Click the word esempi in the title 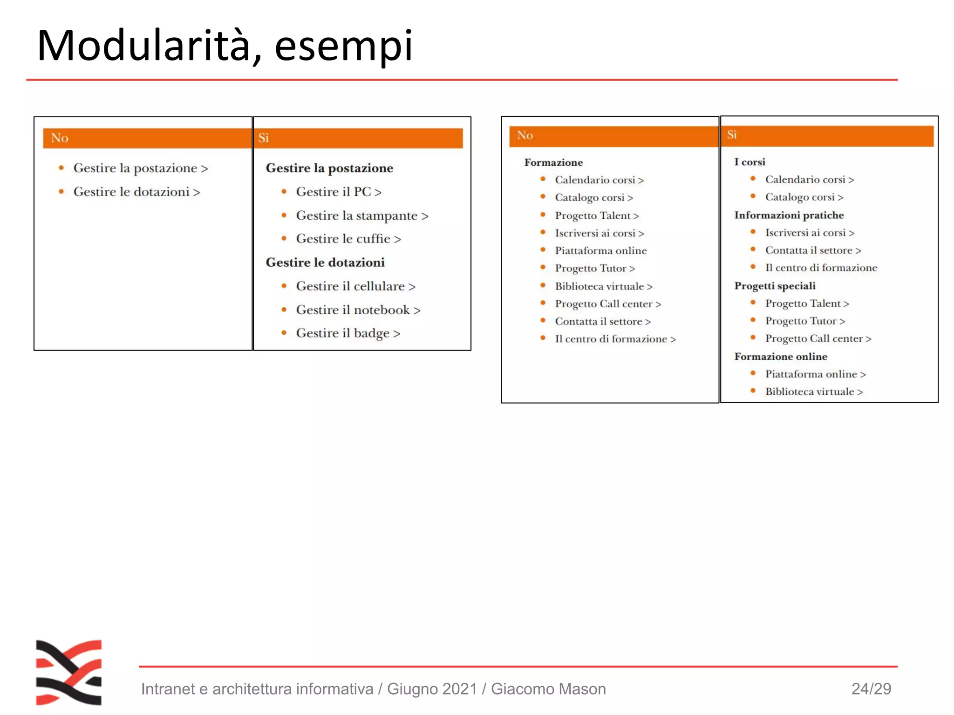click(x=343, y=46)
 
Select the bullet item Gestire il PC click(x=338, y=192)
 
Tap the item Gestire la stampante click(x=361, y=216)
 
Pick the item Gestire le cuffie click(x=348, y=239)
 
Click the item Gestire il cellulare click(x=355, y=286)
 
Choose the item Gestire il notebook click(x=358, y=310)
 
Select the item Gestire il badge click(x=348, y=333)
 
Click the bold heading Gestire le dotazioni click(x=325, y=263)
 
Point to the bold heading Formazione click(x=553, y=162)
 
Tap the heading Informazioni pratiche click(x=789, y=215)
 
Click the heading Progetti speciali click(x=775, y=286)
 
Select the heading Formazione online click(x=781, y=357)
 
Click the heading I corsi click(x=750, y=162)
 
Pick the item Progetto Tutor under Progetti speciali click(x=804, y=321)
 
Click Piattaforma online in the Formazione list click(x=600, y=251)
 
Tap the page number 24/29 click(x=871, y=689)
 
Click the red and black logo click(x=69, y=672)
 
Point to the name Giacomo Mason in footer click(x=548, y=689)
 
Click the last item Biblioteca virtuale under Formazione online click(x=813, y=392)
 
